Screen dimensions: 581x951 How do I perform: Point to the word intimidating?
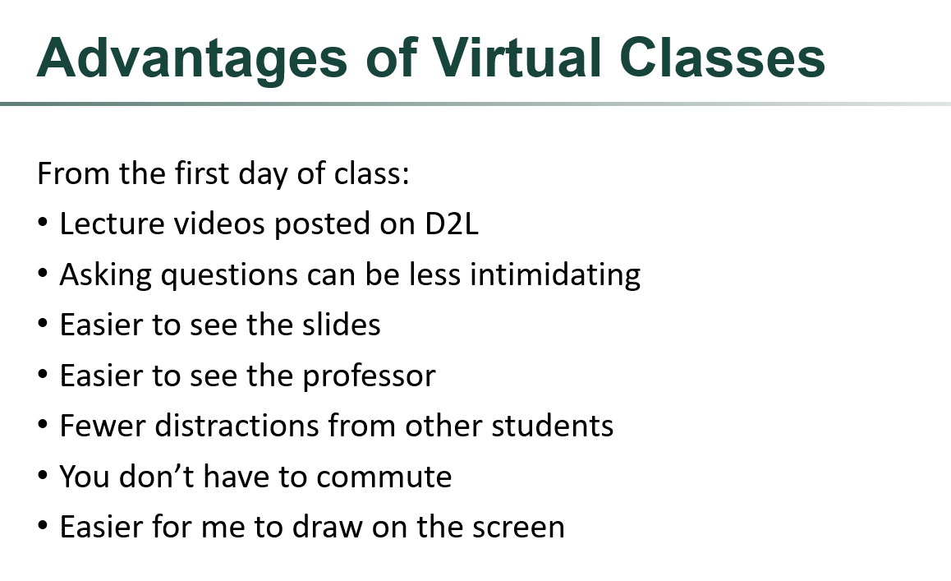pyautogui.click(x=555, y=274)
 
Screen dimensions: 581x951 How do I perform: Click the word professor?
pyautogui.click(x=370, y=376)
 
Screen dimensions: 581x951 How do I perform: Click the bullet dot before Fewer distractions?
pyautogui.click(x=44, y=427)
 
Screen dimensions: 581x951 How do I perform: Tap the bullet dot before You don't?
pyautogui.click(x=44, y=477)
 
